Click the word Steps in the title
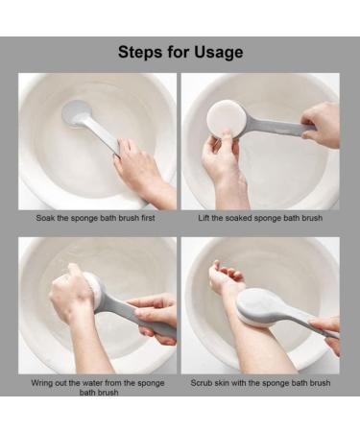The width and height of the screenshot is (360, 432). [x=140, y=52]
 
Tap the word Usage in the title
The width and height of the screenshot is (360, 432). [x=219, y=52]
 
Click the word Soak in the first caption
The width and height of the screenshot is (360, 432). [x=45, y=218]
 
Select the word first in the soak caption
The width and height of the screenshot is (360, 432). [x=148, y=218]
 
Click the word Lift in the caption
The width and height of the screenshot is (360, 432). [x=204, y=218]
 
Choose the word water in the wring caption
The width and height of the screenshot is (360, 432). [x=93, y=383]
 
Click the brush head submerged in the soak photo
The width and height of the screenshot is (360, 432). [x=76, y=112]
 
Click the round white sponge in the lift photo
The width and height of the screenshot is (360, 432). [x=227, y=121]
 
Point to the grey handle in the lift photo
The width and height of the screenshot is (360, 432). [x=276, y=127]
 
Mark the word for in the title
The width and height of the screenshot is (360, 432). [x=178, y=52]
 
